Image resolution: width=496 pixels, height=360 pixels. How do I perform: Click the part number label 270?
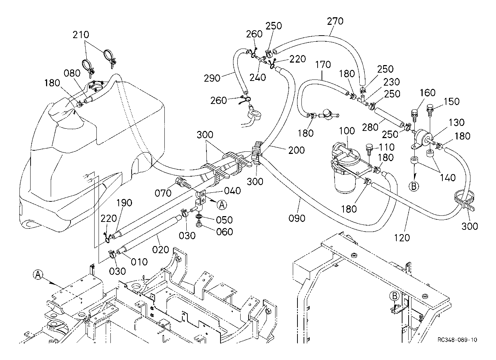click(335, 21)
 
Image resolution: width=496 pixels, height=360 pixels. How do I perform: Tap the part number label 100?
click(346, 131)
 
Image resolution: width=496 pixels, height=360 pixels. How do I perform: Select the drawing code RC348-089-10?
click(458, 340)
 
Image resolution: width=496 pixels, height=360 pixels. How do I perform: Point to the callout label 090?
click(297, 218)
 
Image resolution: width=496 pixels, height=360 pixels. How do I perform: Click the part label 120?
click(402, 237)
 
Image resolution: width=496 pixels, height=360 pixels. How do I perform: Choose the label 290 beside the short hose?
click(212, 78)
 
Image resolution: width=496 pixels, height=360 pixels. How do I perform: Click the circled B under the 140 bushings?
click(414, 186)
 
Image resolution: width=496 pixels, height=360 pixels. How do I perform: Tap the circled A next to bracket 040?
click(222, 204)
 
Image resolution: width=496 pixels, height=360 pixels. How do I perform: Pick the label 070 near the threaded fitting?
click(163, 193)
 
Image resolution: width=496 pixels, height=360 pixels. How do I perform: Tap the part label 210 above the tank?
click(81, 35)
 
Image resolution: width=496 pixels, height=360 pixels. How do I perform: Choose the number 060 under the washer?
click(225, 232)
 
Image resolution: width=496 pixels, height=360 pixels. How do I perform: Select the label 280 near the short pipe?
click(370, 127)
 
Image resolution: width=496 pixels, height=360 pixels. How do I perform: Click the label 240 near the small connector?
click(258, 77)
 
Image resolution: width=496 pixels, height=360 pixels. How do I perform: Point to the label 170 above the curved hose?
click(323, 65)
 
